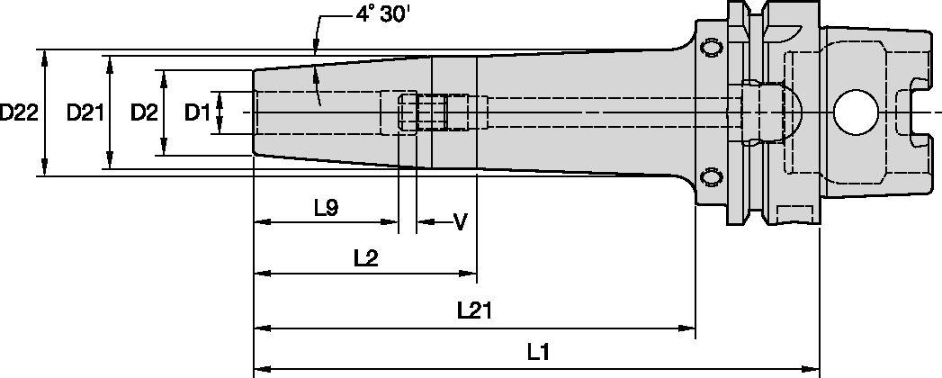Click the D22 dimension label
click(x=18, y=113)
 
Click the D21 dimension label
click(x=86, y=113)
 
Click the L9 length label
click(x=326, y=208)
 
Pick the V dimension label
click(x=460, y=221)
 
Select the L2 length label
click(x=364, y=259)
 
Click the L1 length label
click(x=538, y=353)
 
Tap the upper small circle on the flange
click(x=712, y=48)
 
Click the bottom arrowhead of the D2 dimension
click(x=164, y=148)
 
